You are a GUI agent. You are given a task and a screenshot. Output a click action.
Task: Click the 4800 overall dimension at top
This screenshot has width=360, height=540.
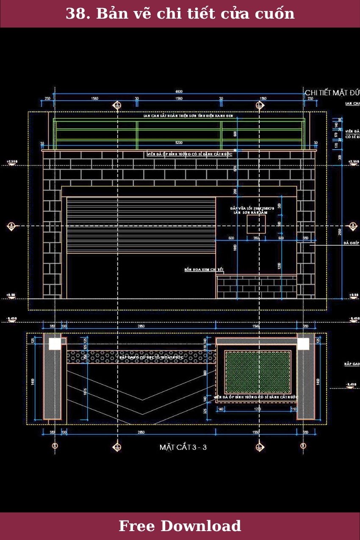179,91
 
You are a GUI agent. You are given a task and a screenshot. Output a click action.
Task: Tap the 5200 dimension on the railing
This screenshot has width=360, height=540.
179,143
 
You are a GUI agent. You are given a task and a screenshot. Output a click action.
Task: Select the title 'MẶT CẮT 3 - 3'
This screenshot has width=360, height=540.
183,447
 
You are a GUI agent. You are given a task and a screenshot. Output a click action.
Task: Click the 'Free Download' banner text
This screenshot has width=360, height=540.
180,526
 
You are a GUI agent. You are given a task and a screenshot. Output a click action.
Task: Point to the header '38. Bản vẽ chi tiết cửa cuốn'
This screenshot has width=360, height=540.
180,14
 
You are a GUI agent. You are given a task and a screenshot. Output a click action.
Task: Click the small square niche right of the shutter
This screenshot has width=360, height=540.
256,224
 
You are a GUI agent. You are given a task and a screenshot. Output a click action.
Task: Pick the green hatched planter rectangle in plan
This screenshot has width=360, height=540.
258,372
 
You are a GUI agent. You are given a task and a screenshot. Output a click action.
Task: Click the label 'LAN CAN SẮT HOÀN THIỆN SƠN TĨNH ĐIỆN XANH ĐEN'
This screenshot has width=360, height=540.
188,116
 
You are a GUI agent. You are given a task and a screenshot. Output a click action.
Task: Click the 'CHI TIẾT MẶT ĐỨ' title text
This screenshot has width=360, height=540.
332,92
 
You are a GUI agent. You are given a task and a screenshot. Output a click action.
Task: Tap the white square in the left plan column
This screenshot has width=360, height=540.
55,344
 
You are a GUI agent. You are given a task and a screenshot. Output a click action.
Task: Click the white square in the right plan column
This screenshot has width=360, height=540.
303,344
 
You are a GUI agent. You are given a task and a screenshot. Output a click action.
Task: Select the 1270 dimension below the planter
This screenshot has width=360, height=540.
257,409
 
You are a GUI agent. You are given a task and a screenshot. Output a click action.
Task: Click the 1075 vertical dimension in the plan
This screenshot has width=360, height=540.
85,392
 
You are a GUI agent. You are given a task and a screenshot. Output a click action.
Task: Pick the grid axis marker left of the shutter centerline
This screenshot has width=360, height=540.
11,226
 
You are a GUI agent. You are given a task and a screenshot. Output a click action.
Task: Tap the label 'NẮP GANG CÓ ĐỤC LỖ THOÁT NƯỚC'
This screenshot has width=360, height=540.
151,357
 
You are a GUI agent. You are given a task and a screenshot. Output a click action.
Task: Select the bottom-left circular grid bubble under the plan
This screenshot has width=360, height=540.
55,446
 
